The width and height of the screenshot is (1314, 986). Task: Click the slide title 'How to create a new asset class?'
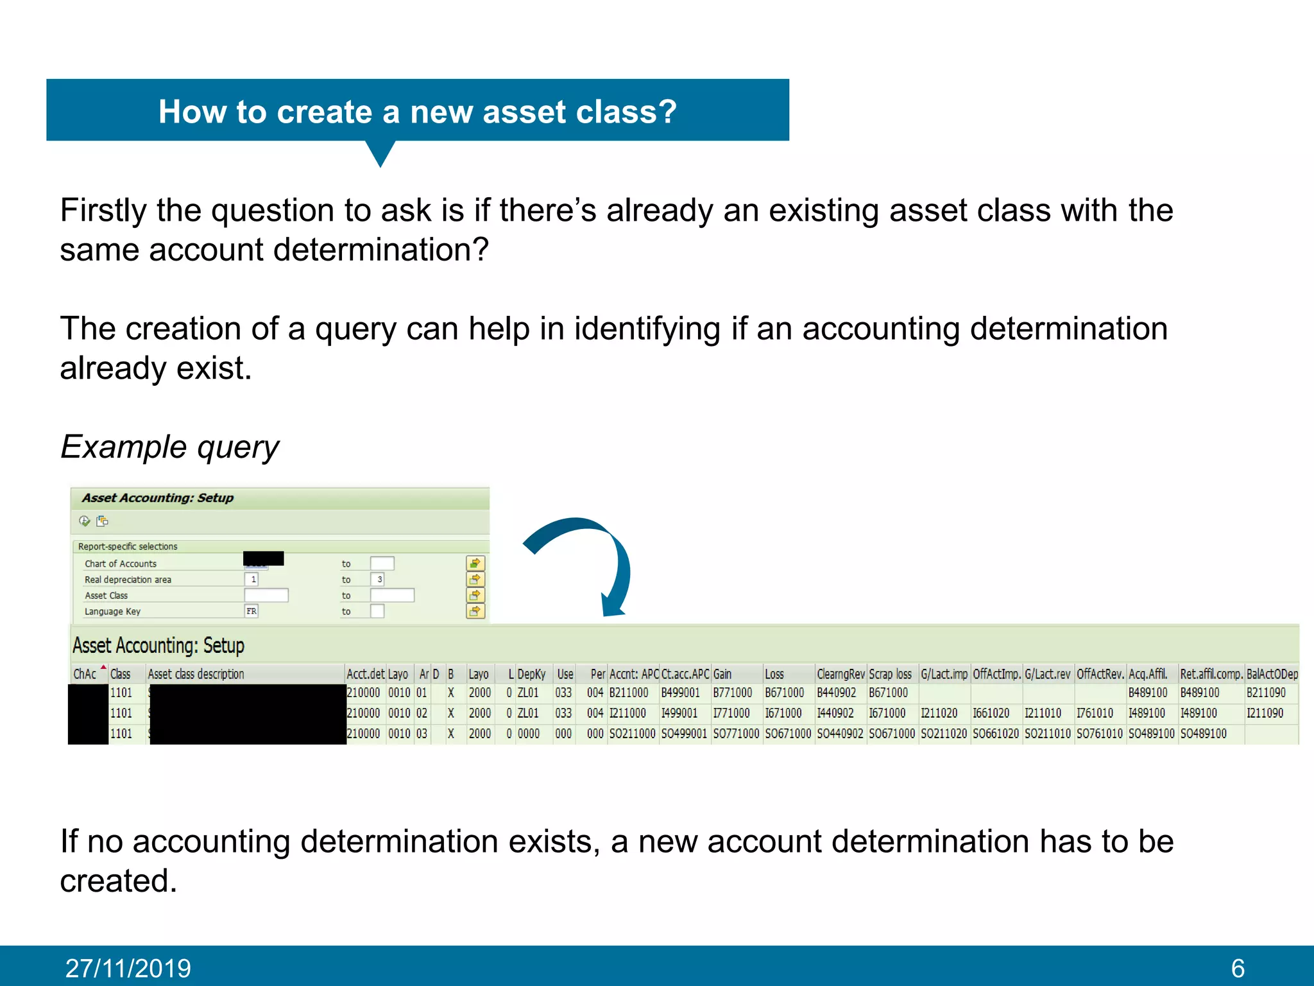click(417, 112)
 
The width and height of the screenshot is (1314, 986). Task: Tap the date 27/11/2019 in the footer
click(128, 968)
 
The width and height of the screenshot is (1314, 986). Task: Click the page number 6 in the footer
click(1238, 968)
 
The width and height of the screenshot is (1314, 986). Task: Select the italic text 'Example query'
click(169, 447)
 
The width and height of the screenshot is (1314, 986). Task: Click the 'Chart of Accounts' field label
click(121, 564)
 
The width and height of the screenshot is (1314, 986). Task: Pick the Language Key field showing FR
click(252, 611)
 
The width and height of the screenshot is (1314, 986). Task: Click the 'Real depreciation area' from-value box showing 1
click(252, 579)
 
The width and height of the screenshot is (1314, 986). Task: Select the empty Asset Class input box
click(266, 595)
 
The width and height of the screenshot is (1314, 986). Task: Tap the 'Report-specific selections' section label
click(128, 546)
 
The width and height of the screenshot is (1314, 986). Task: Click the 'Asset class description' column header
click(196, 674)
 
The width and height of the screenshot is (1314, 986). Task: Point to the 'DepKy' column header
click(531, 674)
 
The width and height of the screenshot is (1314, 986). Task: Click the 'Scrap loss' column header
click(890, 674)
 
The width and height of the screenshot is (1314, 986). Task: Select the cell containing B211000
click(628, 693)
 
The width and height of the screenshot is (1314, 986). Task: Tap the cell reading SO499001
click(684, 733)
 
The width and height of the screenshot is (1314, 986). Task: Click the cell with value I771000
click(731, 713)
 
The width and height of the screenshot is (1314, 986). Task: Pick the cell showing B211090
click(1266, 693)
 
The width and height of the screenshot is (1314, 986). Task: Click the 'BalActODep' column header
click(1272, 674)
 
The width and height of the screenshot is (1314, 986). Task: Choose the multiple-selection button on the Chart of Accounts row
click(475, 564)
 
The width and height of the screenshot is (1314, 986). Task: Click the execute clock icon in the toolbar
click(85, 521)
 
